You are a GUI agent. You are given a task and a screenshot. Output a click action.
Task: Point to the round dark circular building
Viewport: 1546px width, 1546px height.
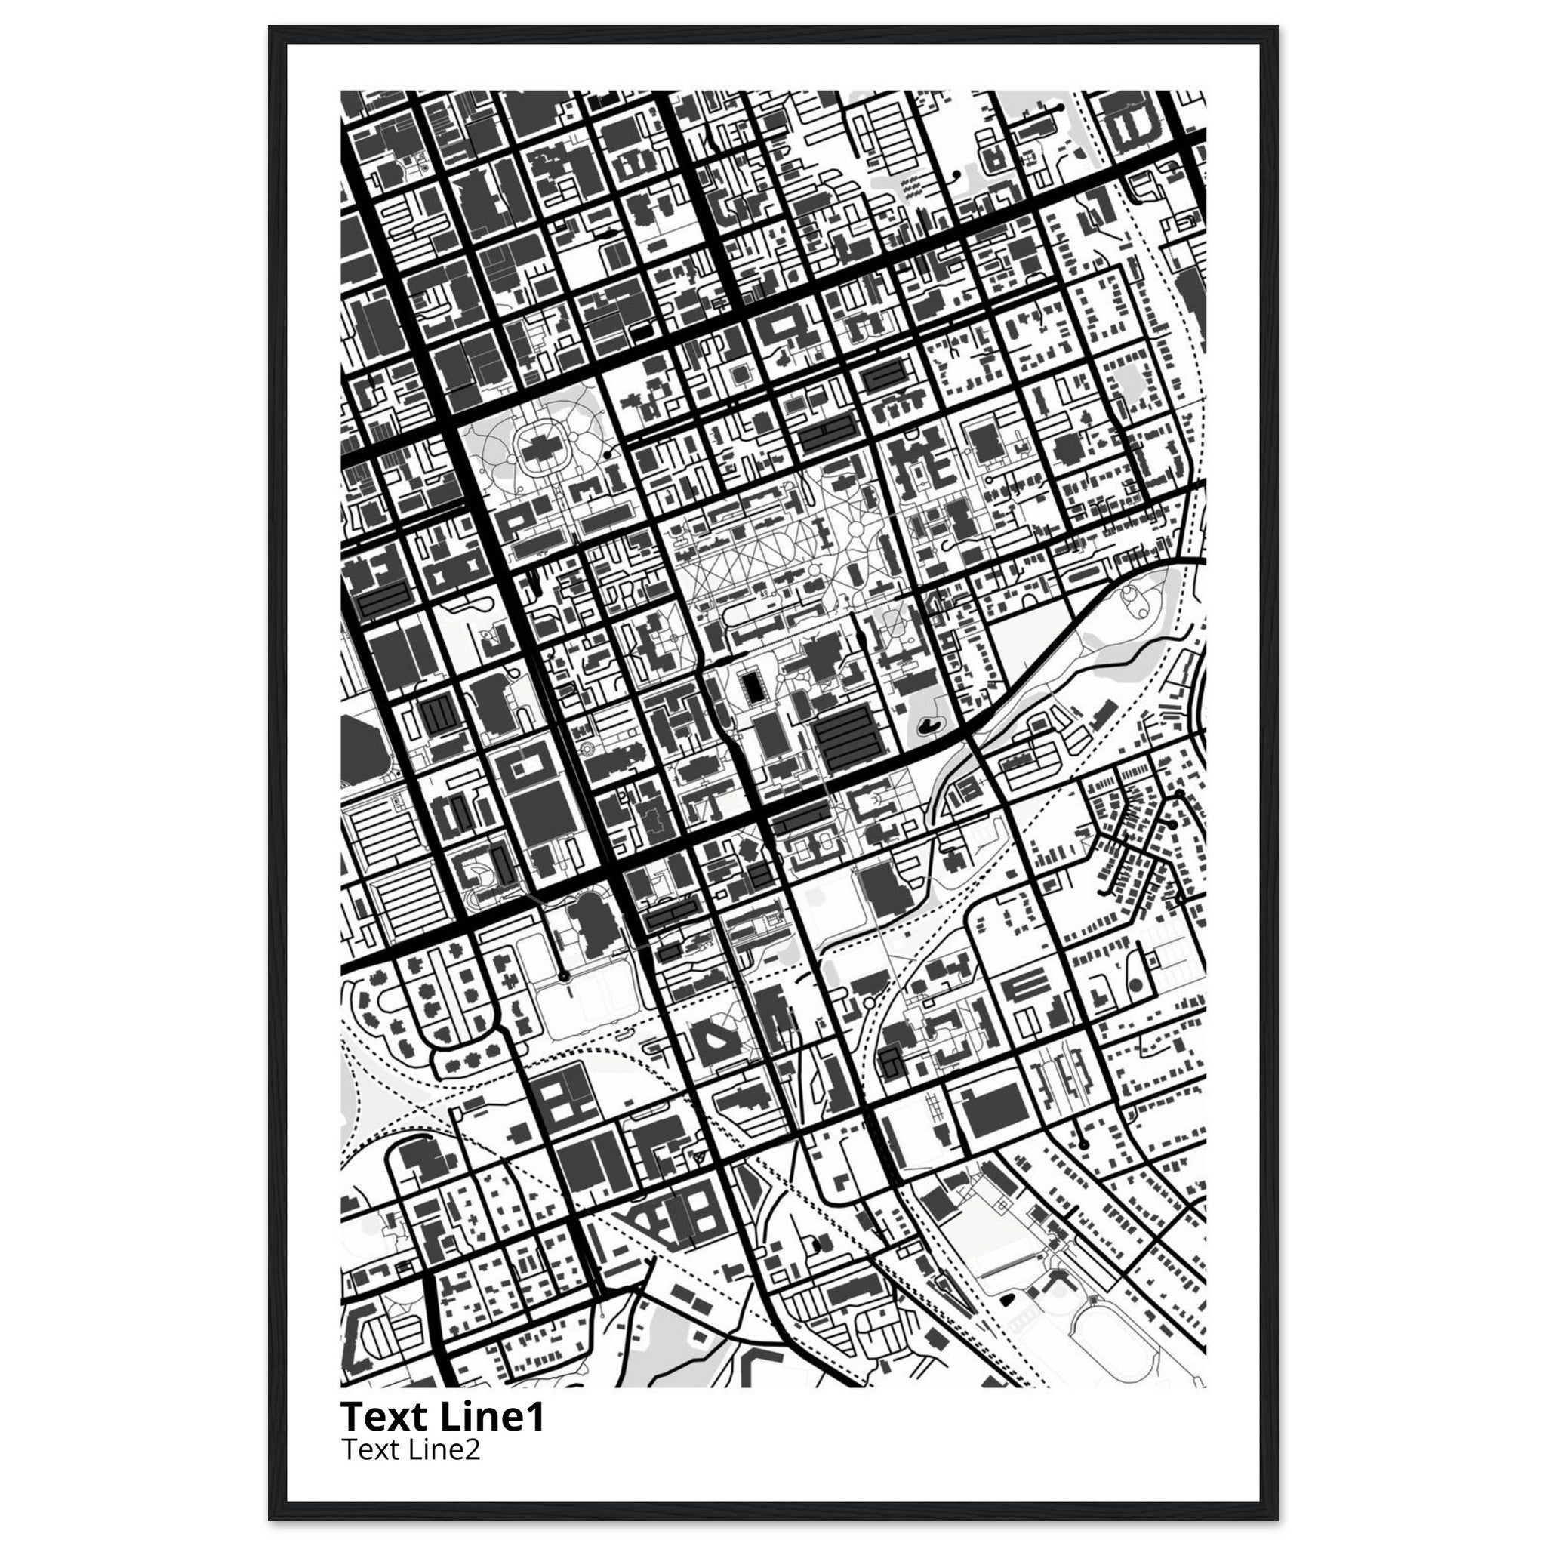point(1134,987)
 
